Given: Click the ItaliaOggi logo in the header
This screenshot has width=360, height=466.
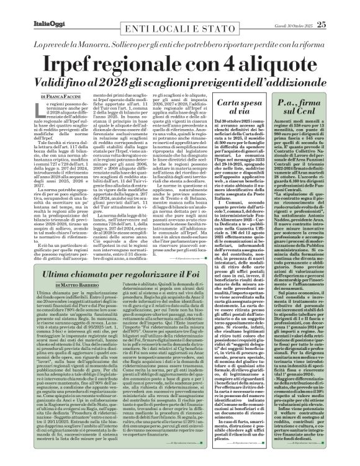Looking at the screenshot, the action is pos(27,8).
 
